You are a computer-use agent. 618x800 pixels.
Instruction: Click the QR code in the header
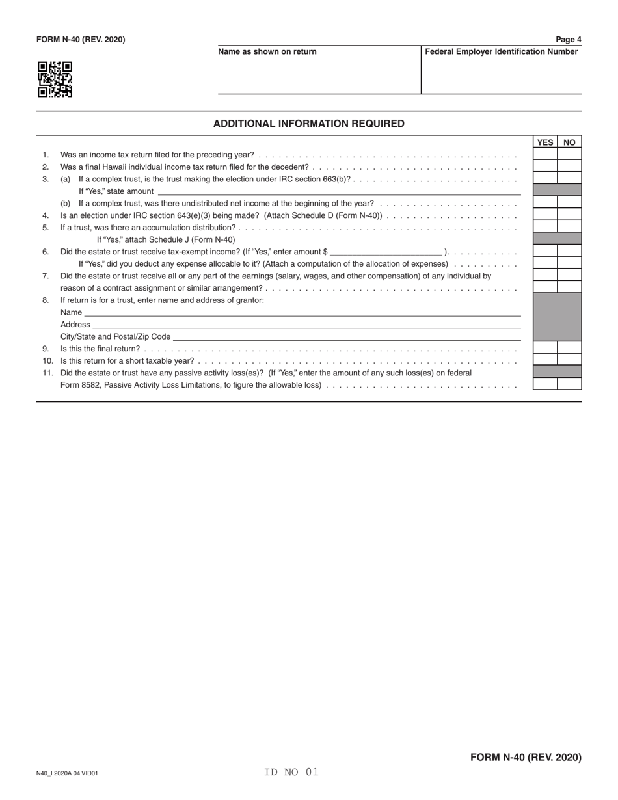click(55, 79)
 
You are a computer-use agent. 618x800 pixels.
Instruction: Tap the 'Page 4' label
click(568, 40)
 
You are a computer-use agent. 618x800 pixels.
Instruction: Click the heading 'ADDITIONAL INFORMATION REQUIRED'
click(308, 124)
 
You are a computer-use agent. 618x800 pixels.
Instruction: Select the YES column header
click(545, 142)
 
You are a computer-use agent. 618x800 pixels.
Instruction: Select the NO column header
click(569, 142)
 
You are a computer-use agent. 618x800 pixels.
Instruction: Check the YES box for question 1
click(545, 154)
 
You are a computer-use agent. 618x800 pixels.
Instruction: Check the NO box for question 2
click(569, 167)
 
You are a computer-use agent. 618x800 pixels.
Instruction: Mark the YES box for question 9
click(545, 348)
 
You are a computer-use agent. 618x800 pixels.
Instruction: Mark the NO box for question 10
click(569, 360)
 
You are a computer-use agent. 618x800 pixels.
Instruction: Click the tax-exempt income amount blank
click(386, 251)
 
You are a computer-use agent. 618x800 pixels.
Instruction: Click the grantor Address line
click(306, 324)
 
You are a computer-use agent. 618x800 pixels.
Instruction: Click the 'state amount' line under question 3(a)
click(339, 191)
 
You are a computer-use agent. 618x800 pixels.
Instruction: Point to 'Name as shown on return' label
click(267, 52)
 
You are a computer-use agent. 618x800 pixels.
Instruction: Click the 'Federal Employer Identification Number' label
click(501, 52)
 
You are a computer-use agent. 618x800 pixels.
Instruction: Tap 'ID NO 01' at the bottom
click(291, 772)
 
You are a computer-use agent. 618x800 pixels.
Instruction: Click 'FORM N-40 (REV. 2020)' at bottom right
click(526, 757)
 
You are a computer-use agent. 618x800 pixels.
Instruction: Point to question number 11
click(47, 373)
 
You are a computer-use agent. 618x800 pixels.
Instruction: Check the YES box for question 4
click(545, 215)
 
